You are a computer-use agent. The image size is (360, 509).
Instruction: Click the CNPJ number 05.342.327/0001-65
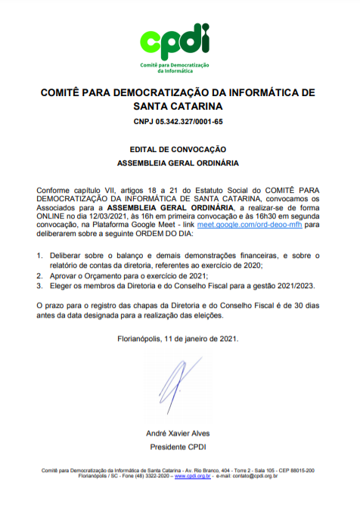pos(180,121)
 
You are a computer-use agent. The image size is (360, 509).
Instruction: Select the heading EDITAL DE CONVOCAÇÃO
pos(178,150)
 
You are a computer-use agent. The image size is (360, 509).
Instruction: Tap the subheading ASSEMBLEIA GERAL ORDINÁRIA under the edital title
pos(178,163)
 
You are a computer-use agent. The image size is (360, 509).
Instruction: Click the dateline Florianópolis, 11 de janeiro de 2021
pos(178,338)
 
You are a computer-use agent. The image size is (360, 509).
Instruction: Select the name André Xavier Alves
pos(178,433)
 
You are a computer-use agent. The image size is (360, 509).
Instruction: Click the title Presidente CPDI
pos(178,445)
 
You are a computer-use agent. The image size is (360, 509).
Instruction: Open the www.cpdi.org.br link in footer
pos(192,477)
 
